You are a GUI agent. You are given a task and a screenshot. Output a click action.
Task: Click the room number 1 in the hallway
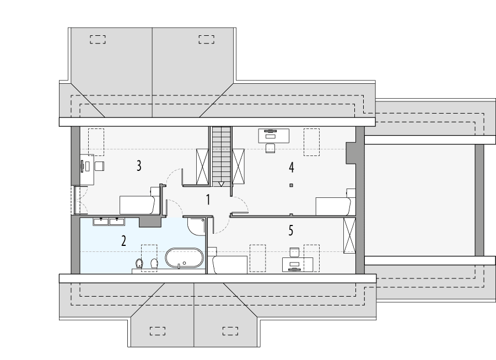click(x=208, y=200)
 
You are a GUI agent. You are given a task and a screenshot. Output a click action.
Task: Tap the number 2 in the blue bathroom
click(x=123, y=240)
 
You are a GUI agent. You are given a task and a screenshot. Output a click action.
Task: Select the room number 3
click(x=139, y=165)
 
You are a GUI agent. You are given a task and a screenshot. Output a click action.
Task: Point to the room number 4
click(x=291, y=166)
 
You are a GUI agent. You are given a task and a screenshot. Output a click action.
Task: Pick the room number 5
click(x=291, y=230)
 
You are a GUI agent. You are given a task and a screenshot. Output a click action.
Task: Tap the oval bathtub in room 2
click(x=184, y=259)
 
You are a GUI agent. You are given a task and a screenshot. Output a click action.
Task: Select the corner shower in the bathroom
click(x=196, y=227)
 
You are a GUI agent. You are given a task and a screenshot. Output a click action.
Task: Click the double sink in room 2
click(x=109, y=222)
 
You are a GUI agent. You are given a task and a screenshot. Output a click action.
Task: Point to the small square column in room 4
click(x=291, y=185)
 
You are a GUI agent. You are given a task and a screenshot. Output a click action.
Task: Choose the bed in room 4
click(x=333, y=206)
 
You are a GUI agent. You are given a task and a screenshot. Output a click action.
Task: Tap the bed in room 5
click(x=230, y=264)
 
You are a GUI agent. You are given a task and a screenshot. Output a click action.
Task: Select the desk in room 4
click(x=274, y=135)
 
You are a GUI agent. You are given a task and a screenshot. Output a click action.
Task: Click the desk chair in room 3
click(x=99, y=166)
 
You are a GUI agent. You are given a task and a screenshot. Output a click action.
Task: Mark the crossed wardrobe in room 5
click(x=349, y=235)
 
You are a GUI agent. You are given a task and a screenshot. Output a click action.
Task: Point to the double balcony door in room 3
click(x=76, y=200)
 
